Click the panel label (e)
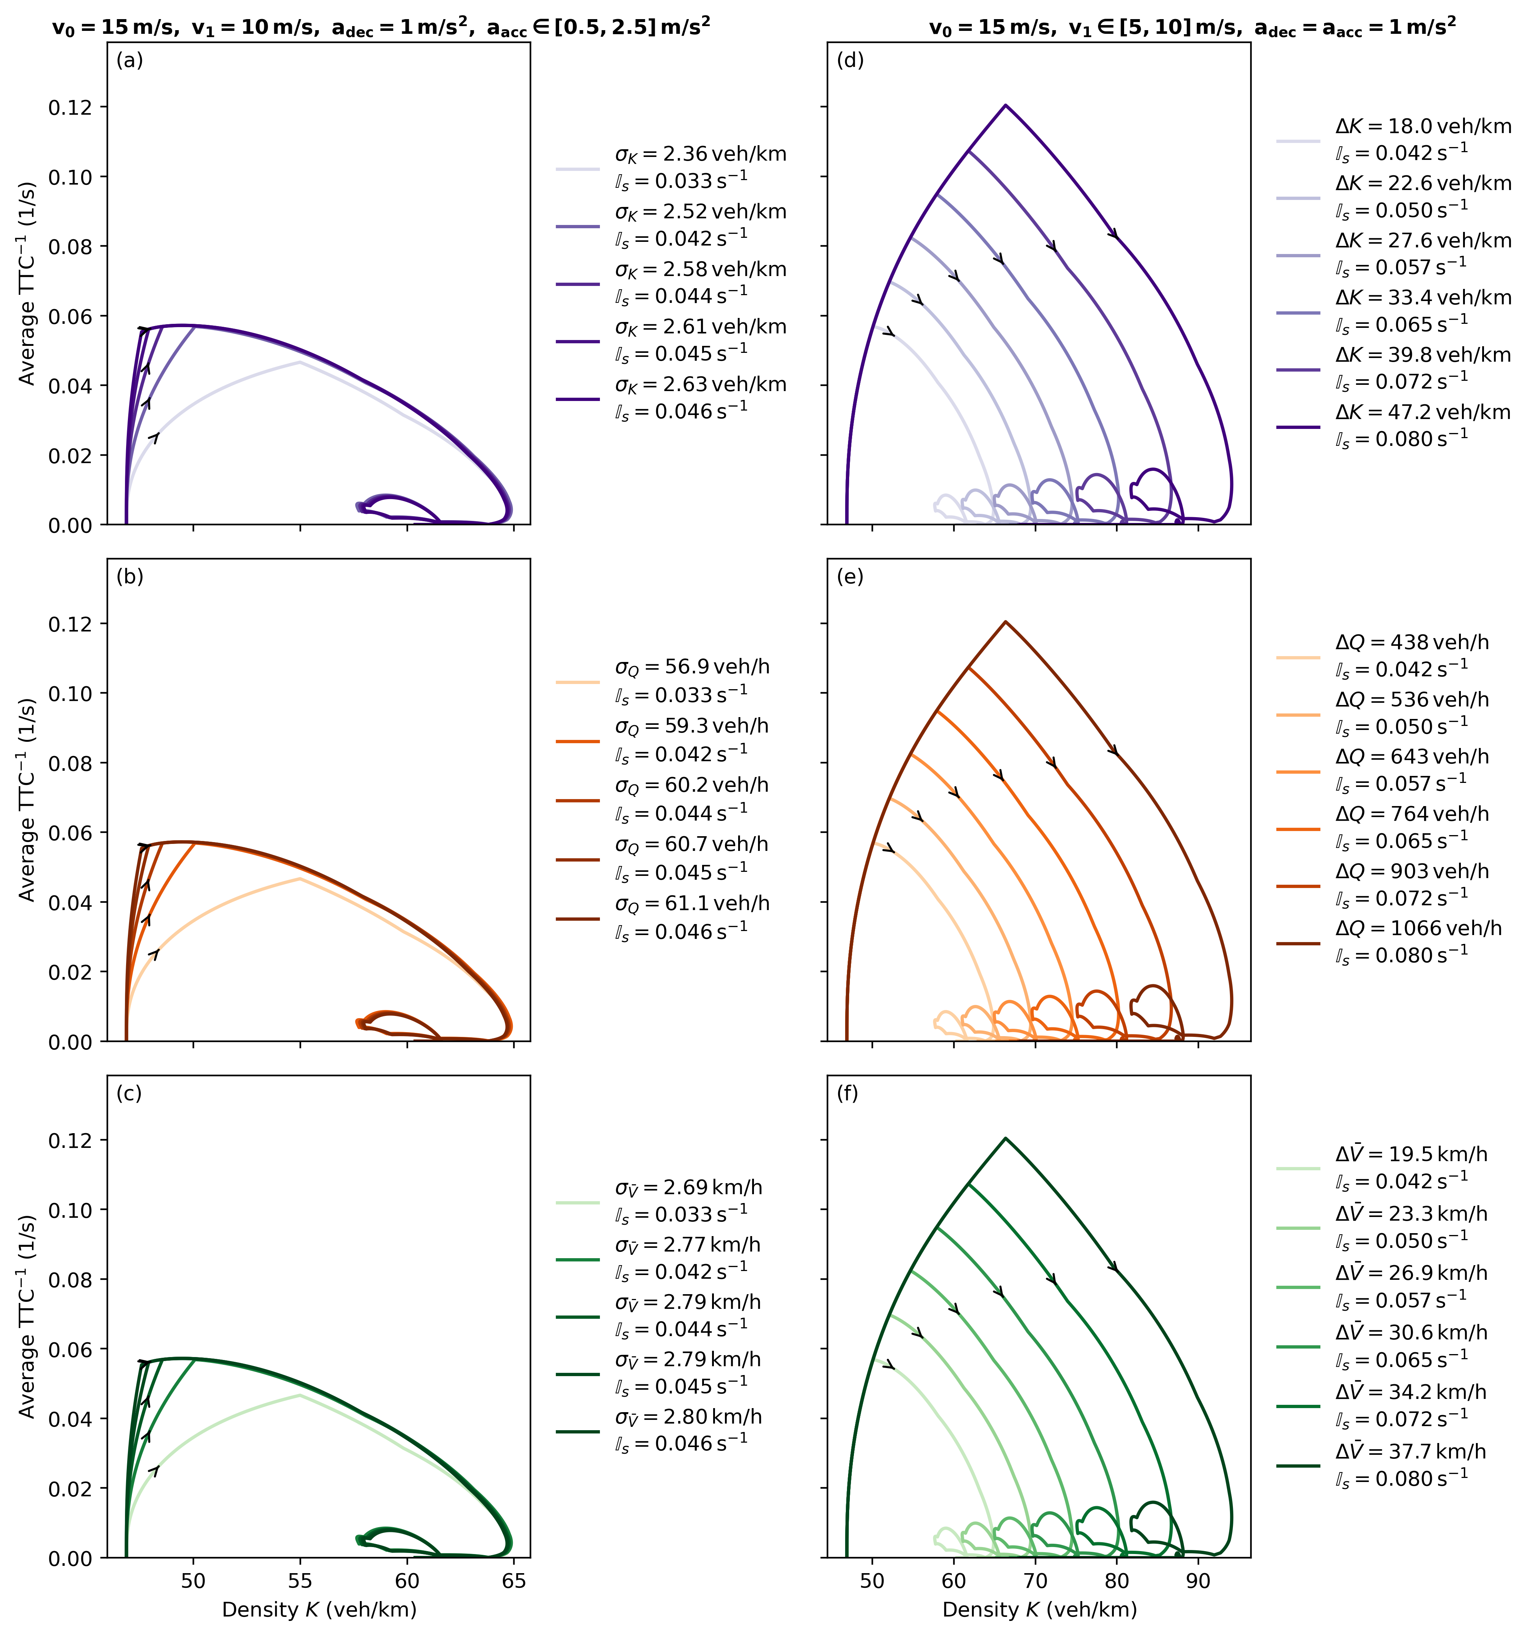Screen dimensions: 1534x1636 coord(850,577)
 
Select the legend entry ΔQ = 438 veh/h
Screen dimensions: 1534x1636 coord(1383,655)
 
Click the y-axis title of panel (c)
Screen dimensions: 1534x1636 coord(28,1317)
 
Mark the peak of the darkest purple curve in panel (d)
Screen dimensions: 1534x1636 coord(1005,105)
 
